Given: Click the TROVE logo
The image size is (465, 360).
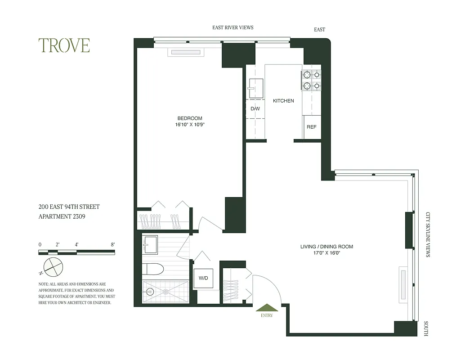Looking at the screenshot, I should coord(64,45).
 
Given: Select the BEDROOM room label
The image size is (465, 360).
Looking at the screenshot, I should coord(189,118).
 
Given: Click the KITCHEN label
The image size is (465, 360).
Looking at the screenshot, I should coord(283,101).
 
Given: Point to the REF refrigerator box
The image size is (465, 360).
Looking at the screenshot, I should coord(312,127).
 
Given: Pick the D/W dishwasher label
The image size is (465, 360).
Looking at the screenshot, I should coord(255,109).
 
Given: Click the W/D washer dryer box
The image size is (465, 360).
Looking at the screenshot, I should coord(203,279).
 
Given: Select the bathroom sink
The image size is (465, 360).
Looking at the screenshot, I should coord(150,245).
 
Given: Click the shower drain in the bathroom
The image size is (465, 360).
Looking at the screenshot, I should coord(166,292).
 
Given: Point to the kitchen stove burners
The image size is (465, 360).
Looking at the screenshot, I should coord(311,80).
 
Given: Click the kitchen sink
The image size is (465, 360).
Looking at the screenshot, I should coord(256,88).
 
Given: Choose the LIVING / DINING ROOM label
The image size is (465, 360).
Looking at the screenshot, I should coord(326,247).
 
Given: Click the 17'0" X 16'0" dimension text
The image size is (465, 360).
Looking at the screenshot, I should coord(326,253).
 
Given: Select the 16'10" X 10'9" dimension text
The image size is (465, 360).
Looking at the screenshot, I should coord(189,125).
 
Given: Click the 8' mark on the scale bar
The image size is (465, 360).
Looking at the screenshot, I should coord(112,244).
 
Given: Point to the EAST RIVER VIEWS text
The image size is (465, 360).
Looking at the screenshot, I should coord(232,27).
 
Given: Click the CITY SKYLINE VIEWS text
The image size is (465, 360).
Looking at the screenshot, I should coord(428,234).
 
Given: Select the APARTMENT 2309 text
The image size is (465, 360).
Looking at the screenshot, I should coord(62,216).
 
